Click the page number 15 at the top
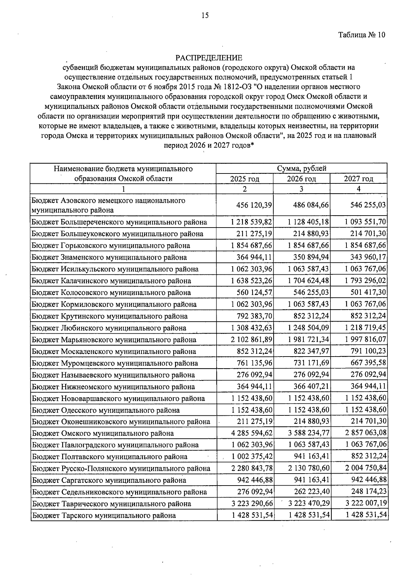(x=205, y=15)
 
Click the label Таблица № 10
(x=361, y=35)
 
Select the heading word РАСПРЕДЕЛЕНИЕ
(x=209, y=58)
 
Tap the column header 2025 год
(x=245, y=179)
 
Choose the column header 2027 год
(x=358, y=179)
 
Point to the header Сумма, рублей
(x=302, y=168)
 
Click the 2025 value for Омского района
(x=252, y=433)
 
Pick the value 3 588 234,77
(x=309, y=433)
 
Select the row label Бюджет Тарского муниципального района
(x=104, y=515)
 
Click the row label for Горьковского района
(x=111, y=246)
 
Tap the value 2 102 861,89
(x=252, y=340)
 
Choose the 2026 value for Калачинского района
(x=309, y=281)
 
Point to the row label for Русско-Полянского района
(x=121, y=468)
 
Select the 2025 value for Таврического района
(x=252, y=504)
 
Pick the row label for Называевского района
(x=113, y=375)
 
